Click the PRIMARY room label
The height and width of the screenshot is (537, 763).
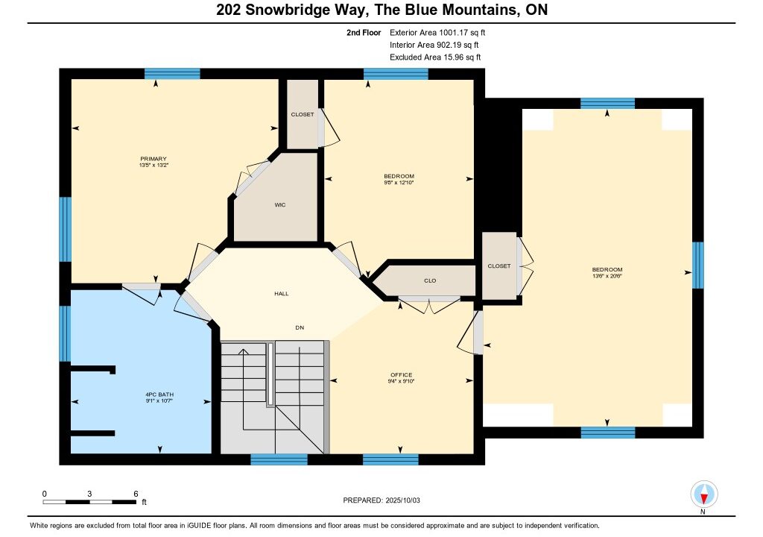(153, 158)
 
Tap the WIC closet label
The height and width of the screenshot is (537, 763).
(280, 204)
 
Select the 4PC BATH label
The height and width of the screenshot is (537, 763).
(159, 395)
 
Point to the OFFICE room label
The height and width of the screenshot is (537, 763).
(402, 374)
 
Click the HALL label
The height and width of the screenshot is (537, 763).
(281, 293)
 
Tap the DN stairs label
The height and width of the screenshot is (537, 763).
(300, 327)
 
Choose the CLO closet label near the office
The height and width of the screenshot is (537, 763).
(430, 280)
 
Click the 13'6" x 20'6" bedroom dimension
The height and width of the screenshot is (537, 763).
(607, 276)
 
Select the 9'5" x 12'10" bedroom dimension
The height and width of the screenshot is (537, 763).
(399, 183)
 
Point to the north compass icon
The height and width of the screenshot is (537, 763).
(703, 494)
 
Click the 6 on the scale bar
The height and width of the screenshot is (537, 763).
(136, 494)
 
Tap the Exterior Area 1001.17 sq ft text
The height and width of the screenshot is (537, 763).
(437, 33)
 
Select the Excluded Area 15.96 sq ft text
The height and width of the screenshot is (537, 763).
(435, 57)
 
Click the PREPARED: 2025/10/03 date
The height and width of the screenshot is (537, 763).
(381, 500)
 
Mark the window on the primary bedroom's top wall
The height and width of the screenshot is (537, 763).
(172, 74)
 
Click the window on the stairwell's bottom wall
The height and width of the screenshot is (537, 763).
(279, 459)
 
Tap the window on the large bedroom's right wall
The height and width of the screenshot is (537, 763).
(697, 265)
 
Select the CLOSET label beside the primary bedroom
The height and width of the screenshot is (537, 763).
(303, 115)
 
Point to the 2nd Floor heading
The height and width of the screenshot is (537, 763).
(364, 33)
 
